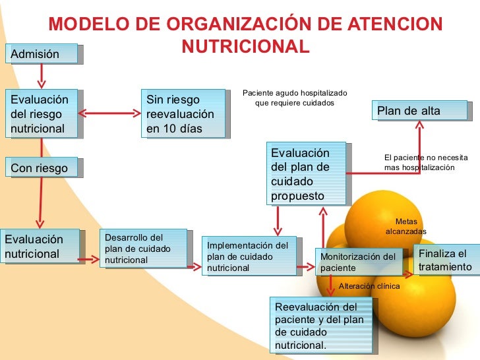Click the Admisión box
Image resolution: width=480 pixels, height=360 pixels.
[x=43, y=54]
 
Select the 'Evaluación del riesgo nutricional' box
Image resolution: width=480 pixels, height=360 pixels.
[x=43, y=113]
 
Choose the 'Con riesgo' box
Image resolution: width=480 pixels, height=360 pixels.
[x=43, y=168]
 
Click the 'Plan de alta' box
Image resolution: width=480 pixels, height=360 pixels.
[x=421, y=111]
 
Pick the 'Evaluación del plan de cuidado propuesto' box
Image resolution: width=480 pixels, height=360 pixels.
[x=307, y=173]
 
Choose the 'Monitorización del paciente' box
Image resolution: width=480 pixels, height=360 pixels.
[x=359, y=262]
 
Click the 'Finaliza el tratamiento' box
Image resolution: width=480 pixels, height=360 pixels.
[x=446, y=260]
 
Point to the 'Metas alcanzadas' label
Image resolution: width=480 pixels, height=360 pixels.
[x=406, y=227]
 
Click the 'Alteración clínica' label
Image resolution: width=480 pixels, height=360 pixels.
[x=369, y=286]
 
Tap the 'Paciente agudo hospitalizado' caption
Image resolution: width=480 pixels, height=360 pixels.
[x=295, y=98]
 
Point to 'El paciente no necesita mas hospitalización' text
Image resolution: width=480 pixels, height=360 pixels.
[x=426, y=163]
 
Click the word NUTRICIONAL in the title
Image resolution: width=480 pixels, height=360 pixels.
[x=245, y=47]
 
